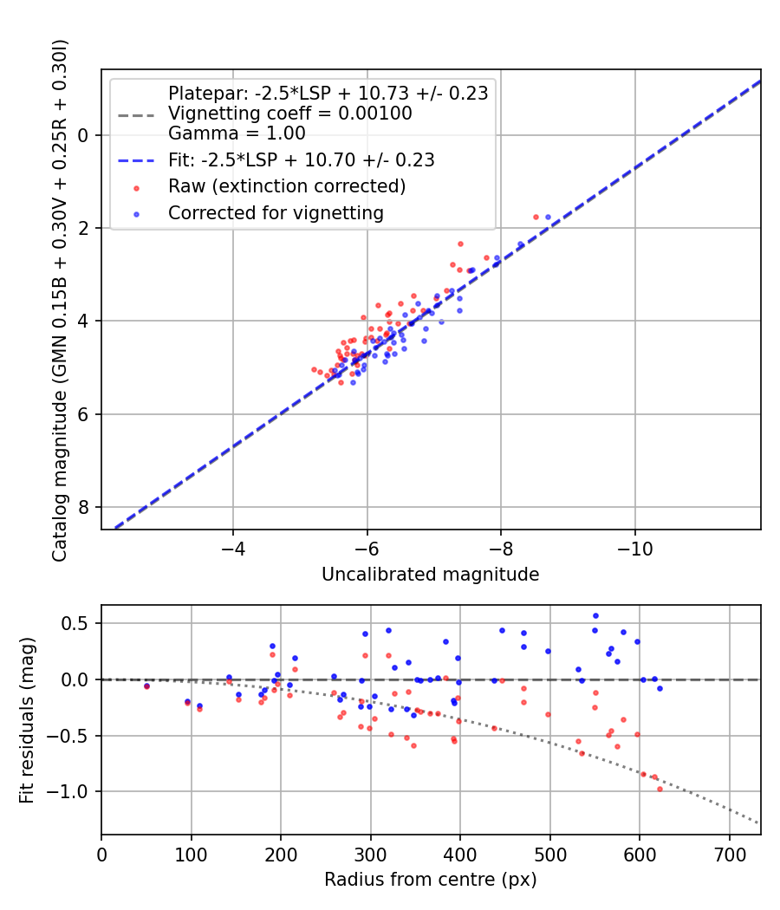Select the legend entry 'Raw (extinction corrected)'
coord(286,186)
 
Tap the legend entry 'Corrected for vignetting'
coord(276,212)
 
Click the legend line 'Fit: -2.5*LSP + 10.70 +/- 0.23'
coord(301,160)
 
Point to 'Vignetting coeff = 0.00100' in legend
coord(289,114)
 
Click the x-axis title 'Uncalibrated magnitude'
coord(430,575)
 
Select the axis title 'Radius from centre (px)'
coord(430,880)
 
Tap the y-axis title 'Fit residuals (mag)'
coord(27,719)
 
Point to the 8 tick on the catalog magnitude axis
coord(85,507)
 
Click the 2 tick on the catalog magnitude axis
coord(85,228)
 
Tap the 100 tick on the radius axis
coord(191,855)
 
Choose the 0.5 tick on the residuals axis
coord(80,623)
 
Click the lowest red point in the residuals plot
coord(660,789)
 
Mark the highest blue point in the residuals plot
coord(595,615)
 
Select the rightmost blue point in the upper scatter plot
coord(548,217)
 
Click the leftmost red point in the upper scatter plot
coord(314,369)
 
